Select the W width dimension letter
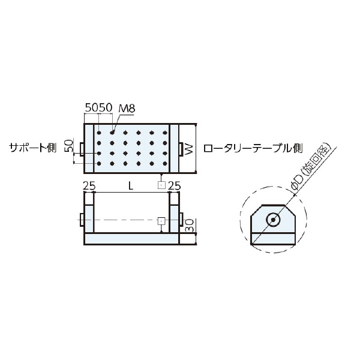(189, 148)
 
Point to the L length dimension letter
(131, 186)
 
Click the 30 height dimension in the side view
(189, 227)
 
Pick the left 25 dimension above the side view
(89, 186)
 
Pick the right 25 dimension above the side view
(174, 186)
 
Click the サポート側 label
(31, 148)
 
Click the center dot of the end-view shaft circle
(273, 220)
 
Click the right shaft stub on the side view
(181, 220)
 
